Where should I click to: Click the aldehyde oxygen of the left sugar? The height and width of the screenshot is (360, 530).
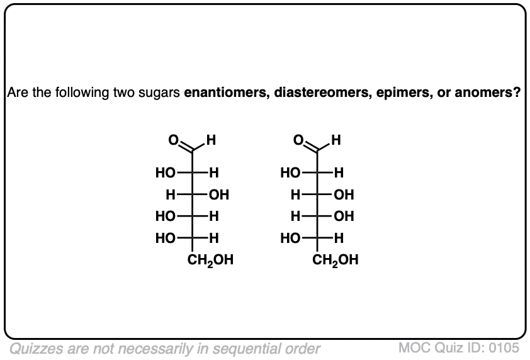coord(173,140)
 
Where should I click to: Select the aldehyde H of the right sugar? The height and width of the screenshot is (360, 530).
coord(336,140)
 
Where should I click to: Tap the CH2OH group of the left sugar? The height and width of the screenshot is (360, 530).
coord(210,261)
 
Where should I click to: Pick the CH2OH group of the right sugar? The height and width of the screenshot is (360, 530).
coord(335,261)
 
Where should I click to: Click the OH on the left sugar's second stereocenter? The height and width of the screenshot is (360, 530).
coord(219,194)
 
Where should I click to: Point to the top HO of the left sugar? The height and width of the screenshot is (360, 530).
coord(166,173)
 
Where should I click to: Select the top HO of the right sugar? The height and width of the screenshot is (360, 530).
coord(290,173)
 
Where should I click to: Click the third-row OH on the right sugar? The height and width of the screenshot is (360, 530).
coord(344,217)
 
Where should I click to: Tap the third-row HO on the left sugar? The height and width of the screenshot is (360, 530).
coord(166,217)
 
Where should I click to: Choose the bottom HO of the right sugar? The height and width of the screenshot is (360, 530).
coord(290,239)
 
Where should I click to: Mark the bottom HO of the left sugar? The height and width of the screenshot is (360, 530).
coord(166,239)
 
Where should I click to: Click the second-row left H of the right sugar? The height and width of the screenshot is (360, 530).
coord(295,194)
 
